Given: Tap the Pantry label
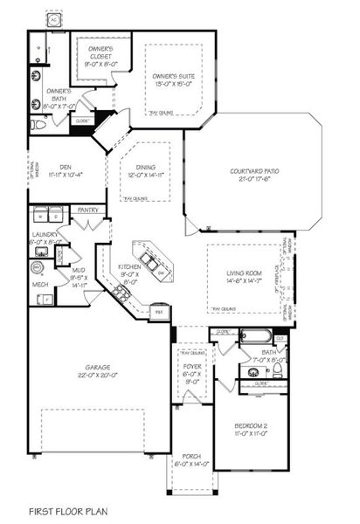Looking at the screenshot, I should click(87, 210).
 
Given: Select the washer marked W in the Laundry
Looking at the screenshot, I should click(39, 216).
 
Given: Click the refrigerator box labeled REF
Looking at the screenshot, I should click(158, 310).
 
